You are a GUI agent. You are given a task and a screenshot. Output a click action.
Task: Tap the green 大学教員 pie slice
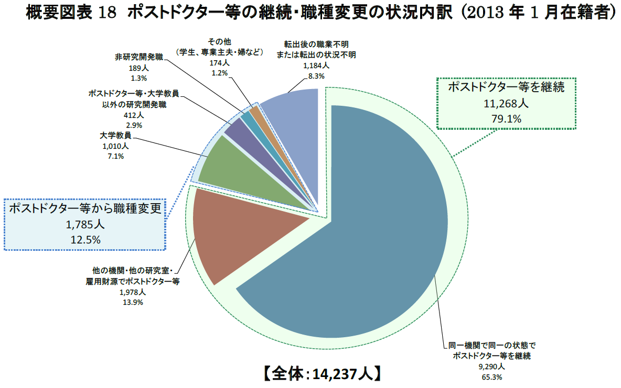(x=231, y=168)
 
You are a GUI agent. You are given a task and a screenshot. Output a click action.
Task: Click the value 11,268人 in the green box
(x=506, y=103)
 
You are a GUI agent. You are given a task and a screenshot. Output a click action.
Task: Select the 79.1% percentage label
(x=506, y=119)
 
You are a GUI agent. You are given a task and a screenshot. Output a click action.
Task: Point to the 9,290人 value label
(x=491, y=366)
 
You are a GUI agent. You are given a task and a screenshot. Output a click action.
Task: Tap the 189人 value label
(x=139, y=68)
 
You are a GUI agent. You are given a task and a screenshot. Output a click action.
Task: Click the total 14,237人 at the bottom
(x=342, y=374)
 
